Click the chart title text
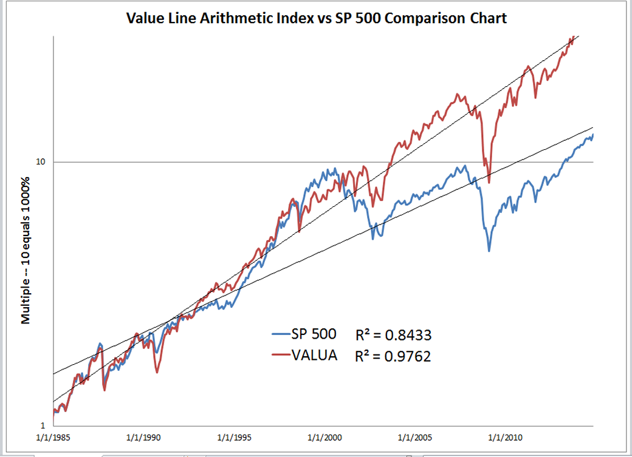[316, 18]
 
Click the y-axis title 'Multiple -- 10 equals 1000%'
[26, 249]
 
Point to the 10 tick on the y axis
[42, 162]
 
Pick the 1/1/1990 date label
[144, 437]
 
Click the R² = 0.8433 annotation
[393, 335]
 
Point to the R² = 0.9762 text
[393, 356]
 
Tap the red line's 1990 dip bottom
[157, 372]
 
